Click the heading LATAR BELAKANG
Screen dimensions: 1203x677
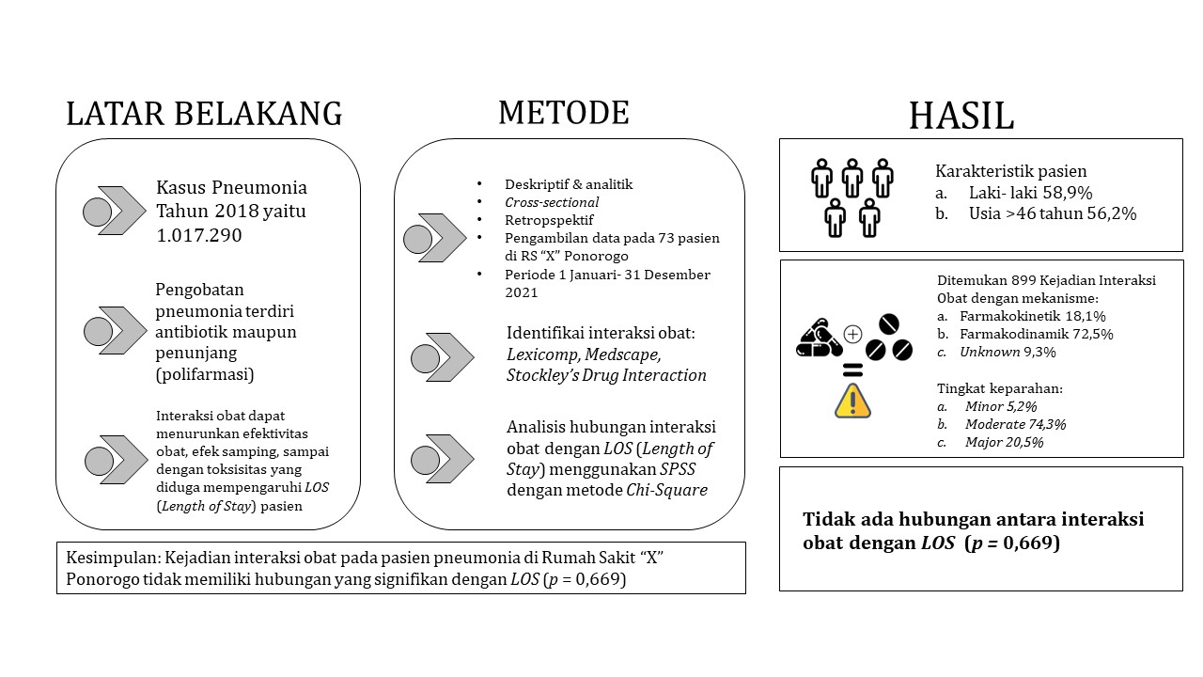click(204, 114)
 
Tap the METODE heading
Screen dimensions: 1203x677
click(564, 112)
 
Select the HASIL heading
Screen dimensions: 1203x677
click(961, 116)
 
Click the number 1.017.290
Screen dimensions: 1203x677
click(199, 235)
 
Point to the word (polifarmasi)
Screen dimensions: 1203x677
click(205, 374)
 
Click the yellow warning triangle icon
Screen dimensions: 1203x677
click(852, 401)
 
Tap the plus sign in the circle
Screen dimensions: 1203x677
click(852, 334)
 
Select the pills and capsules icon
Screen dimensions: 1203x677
click(819, 338)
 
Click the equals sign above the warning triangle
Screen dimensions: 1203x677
click(852, 370)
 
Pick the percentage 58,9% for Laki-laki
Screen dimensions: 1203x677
click(1068, 193)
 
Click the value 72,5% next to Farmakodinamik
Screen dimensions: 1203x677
click(1093, 334)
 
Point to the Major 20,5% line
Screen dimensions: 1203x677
click(1004, 442)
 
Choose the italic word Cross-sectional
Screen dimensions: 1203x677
click(552, 202)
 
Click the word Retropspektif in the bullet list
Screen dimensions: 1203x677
click(549, 220)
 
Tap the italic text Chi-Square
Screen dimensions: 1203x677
click(666, 490)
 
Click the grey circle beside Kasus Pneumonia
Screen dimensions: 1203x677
click(97, 212)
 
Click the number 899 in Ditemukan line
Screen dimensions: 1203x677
click(1023, 280)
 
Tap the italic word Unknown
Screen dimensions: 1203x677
click(990, 352)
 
